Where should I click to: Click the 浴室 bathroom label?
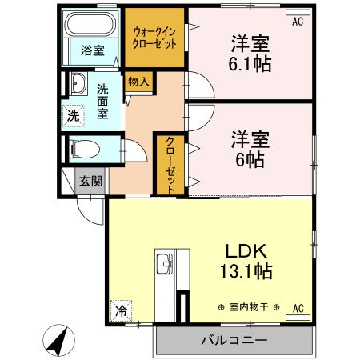click(92, 50)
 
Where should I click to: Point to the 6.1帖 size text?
click(250, 63)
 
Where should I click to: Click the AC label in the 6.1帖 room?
click(298, 21)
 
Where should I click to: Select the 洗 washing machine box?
click(74, 116)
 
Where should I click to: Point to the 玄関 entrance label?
click(90, 182)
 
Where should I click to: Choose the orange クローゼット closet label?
click(170, 163)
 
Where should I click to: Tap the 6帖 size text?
click(250, 157)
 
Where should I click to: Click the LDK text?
click(248, 247)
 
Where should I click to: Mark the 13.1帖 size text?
click(248, 271)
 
